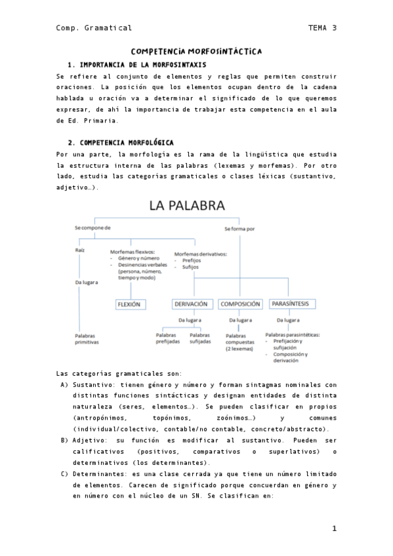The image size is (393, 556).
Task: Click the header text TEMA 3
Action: (x=322, y=28)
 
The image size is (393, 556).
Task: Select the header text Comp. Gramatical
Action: (x=94, y=28)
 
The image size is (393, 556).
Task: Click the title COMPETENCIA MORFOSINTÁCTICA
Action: (x=196, y=50)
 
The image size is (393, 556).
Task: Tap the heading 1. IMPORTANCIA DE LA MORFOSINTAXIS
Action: (x=137, y=65)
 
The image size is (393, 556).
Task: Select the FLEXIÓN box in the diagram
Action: (x=129, y=304)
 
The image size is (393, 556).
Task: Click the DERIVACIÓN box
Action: (x=191, y=304)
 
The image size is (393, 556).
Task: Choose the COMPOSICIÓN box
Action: (x=241, y=304)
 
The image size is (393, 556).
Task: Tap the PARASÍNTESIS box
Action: (x=293, y=304)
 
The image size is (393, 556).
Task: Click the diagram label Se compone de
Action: (x=93, y=228)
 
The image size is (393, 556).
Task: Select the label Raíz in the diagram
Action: (x=81, y=250)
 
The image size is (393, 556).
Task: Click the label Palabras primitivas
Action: (x=87, y=339)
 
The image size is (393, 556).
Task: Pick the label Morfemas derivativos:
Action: (x=200, y=254)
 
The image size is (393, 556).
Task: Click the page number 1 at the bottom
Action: (x=334, y=528)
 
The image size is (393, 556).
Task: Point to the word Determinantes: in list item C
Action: (x=99, y=473)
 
